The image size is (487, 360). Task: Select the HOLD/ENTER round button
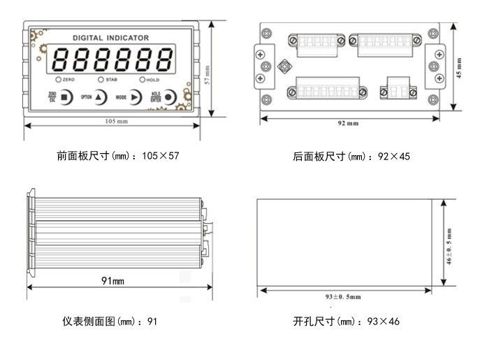[x=169, y=97]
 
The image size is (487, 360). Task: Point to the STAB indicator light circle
[x=101, y=80]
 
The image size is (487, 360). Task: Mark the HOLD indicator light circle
[x=142, y=80]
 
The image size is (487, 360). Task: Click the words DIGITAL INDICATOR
[x=110, y=38]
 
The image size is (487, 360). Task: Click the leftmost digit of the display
[x=60, y=60]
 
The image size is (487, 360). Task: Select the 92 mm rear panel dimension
[x=348, y=123]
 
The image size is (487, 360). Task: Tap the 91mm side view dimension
[x=112, y=281]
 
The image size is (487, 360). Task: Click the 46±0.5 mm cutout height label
[x=449, y=244]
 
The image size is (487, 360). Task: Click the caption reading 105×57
[x=118, y=156]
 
